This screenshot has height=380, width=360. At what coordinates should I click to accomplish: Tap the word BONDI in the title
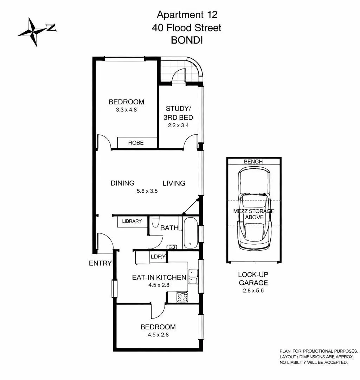pyautogui.click(x=187, y=40)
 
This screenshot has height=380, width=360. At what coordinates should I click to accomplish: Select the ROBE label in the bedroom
pyautogui.click(x=136, y=143)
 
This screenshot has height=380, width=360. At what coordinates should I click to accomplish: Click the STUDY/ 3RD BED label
pyautogui.click(x=178, y=113)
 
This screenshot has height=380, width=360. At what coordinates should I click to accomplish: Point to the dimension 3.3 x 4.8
pyautogui.click(x=126, y=110)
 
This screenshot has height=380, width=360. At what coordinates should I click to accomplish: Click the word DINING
pyautogui.click(x=122, y=183)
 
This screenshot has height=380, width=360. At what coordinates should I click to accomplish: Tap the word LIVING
pyautogui.click(x=174, y=183)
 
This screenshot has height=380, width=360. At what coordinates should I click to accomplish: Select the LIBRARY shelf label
pyautogui.click(x=132, y=221)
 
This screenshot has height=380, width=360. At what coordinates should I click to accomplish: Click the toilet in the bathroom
pyautogui.click(x=155, y=221)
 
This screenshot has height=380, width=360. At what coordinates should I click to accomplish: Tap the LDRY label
pyautogui.click(x=158, y=256)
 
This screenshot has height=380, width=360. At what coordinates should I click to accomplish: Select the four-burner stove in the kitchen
pyautogui.click(x=182, y=297)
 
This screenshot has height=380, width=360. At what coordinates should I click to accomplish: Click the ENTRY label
pyautogui.click(x=100, y=263)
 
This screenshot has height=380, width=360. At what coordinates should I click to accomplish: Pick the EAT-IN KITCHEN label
pyautogui.click(x=159, y=277)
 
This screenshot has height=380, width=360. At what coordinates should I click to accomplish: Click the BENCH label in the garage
pyautogui.click(x=253, y=161)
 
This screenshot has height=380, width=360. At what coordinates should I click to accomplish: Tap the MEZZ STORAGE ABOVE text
pyautogui.click(x=254, y=214)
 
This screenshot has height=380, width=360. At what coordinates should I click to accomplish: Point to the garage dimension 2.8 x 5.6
pyautogui.click(x=253, y=290)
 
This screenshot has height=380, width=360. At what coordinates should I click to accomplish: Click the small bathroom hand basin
pyautogui.click(x=172, y=247)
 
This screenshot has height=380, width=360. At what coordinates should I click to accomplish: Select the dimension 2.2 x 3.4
pyautogui.click(x=178, y=125)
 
